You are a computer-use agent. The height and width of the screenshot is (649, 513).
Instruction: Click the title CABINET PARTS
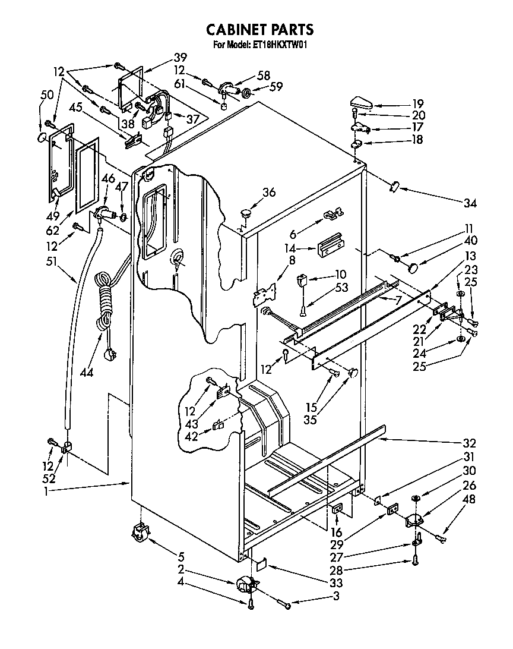pos(259,29)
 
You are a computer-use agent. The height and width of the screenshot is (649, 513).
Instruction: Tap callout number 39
pos(180,58)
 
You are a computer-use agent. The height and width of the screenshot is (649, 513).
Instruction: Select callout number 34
pos(470,203)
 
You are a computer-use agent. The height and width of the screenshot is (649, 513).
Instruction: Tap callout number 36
pos(269,192)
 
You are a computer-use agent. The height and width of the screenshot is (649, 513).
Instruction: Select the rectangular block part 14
pos(329,247)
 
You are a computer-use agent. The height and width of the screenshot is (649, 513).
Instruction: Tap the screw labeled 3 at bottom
pos(287,606)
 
